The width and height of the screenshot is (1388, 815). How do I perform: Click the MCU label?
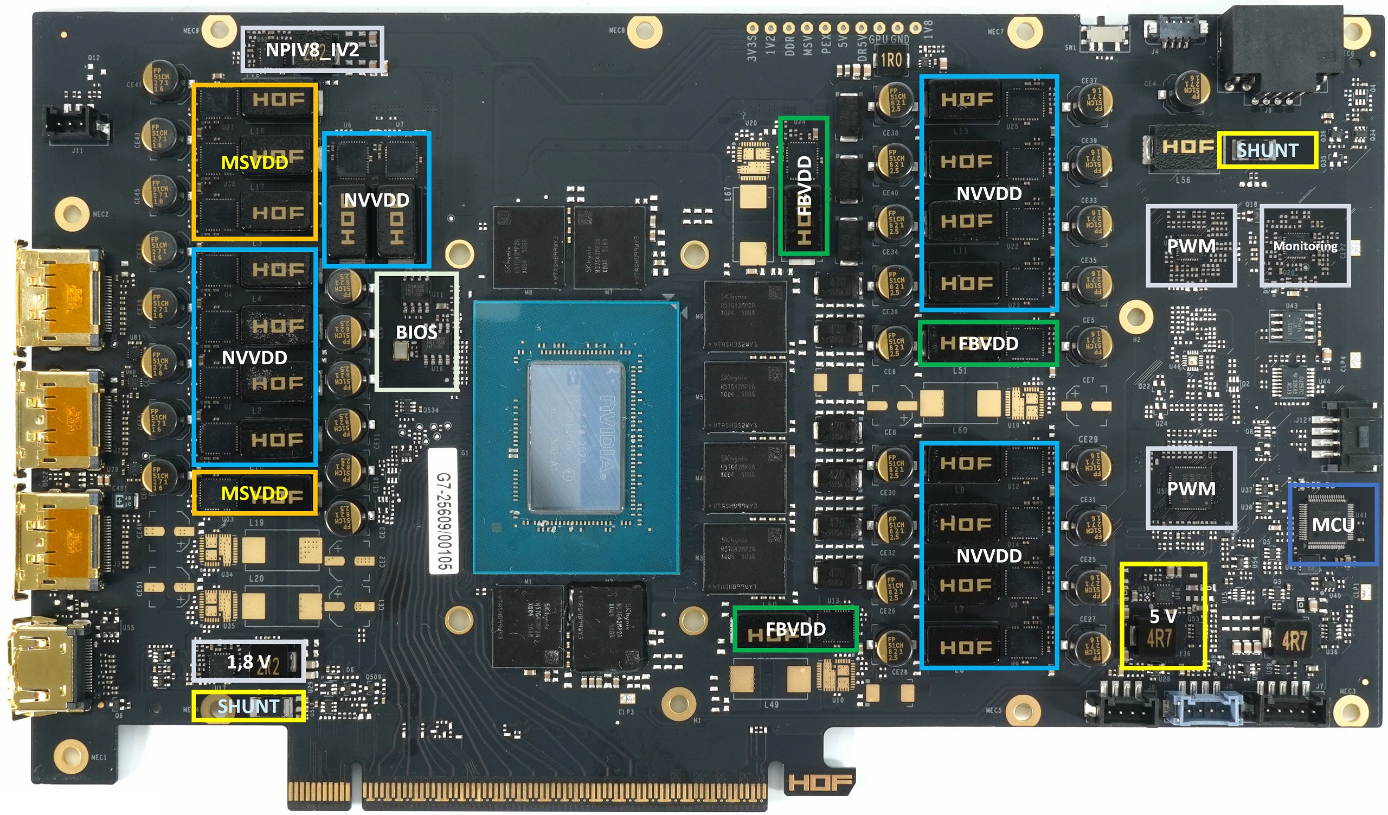[x=1332, y=524]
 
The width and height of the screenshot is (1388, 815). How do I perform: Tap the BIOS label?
[x=416, y=332]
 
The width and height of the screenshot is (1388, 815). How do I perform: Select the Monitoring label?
[x=1305, y=246]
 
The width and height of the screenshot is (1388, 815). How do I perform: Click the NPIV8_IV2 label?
[x=312, y=50]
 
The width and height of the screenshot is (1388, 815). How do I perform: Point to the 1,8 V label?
[x=248, y=661]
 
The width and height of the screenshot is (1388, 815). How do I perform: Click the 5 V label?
[x=1163, y=615]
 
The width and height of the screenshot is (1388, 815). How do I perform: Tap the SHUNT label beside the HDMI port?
[x=248, y=706]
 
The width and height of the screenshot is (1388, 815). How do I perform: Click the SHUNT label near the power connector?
[x=1268, y=150]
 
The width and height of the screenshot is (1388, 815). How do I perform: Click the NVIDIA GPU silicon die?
[x=576, y=435]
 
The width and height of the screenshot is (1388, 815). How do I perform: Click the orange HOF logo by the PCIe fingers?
[x=820, y=782]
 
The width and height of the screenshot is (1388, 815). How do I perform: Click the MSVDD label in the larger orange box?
[x=254, y=162]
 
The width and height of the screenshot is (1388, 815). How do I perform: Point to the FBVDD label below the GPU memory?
[x=795, y=629]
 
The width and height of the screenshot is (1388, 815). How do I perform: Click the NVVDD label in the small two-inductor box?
[x=376, y=200]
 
